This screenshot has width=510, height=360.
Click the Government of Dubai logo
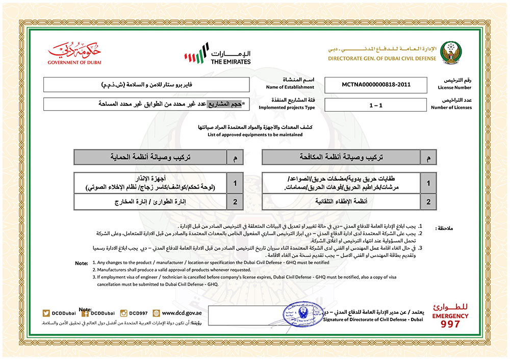[74, 54]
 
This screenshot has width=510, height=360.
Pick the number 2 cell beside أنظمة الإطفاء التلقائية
[429, 202]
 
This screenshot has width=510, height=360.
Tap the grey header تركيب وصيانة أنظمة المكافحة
[342, 158]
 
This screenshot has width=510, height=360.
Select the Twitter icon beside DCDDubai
[46, 313]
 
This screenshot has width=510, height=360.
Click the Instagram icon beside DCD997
[123, 313]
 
